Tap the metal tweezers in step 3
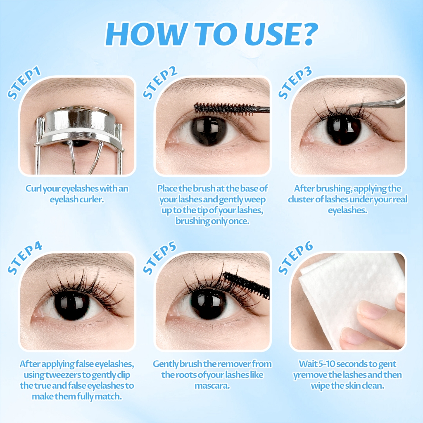pos(376,103)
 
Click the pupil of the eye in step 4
pos(72,305)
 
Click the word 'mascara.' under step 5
pos(212,386)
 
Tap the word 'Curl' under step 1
pos(33,188)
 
